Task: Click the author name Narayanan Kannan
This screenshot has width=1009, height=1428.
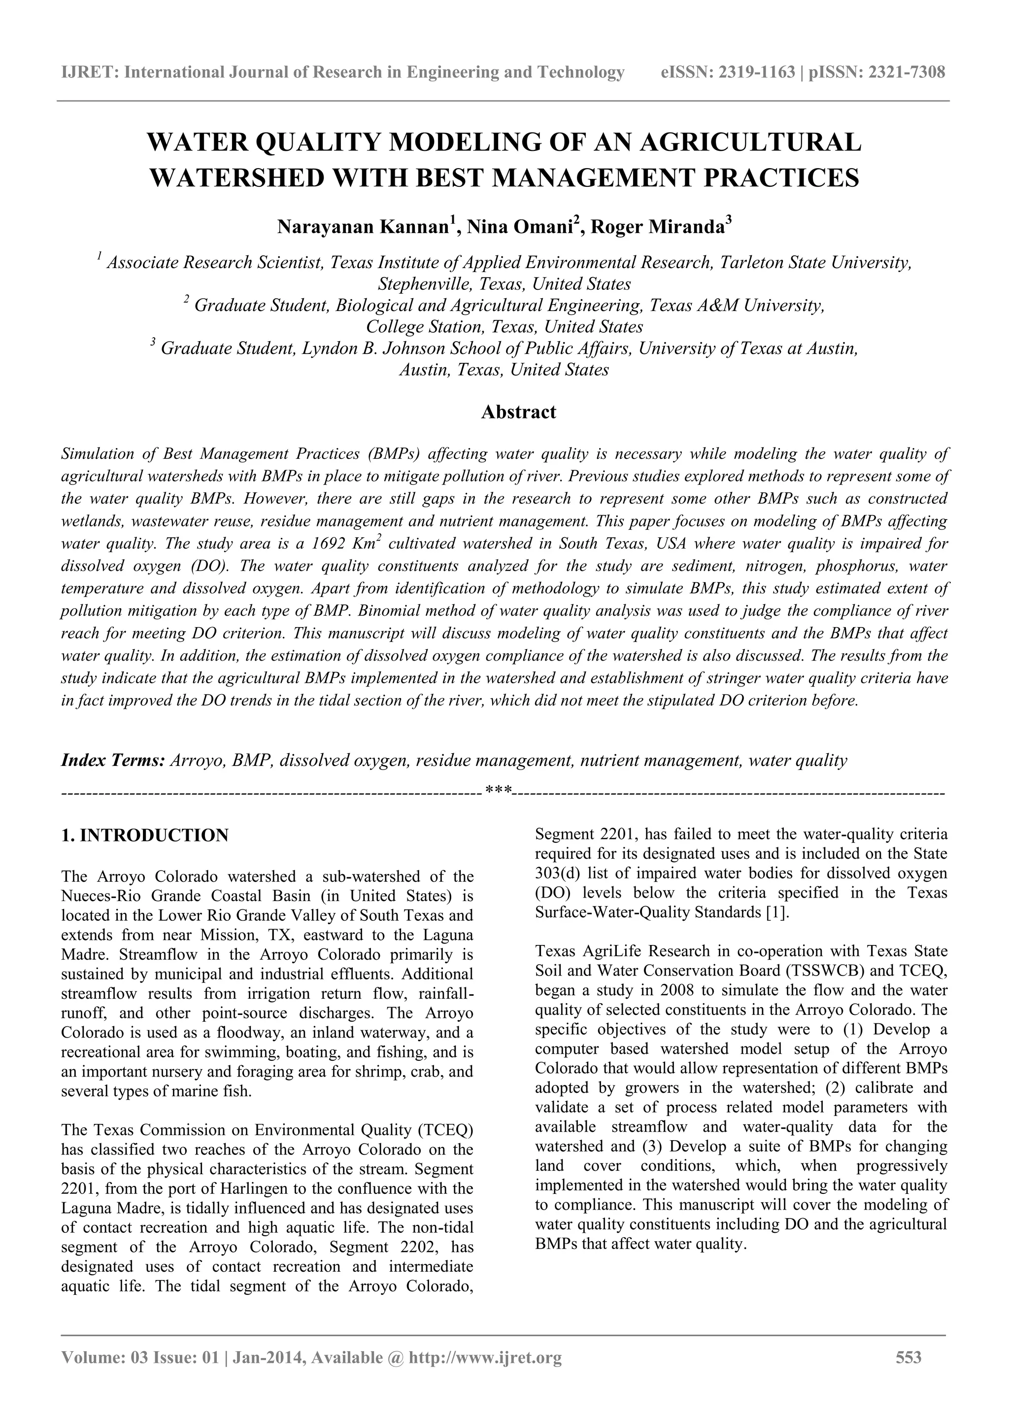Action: pos(363,227)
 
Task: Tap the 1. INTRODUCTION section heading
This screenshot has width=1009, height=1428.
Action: pos(145,836)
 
